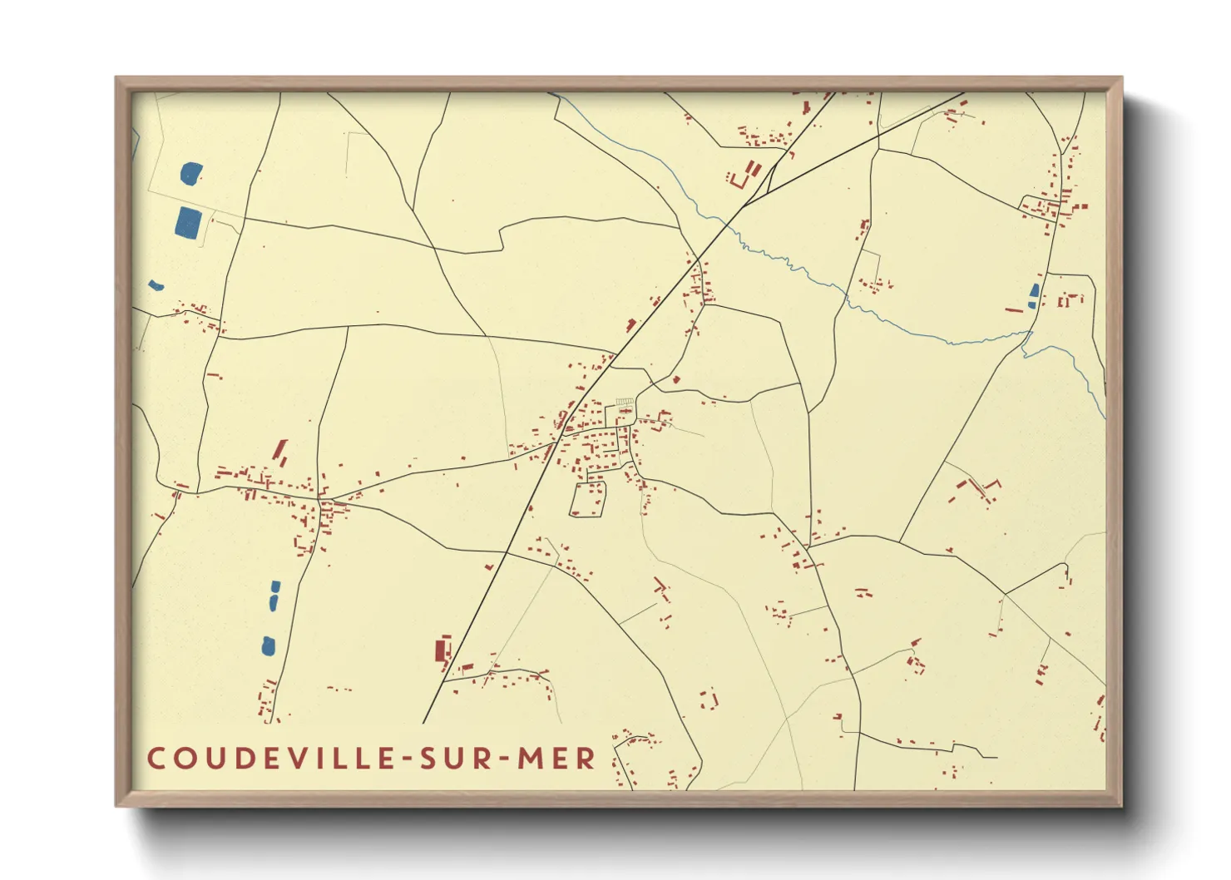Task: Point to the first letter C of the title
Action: click(x=156, y=759)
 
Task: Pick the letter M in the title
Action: click(x=530, y=759)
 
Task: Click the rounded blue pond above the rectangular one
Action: click(x=191, y=174)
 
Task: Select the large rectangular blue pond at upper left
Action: click(x=189, y=222)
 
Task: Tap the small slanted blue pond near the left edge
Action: click(x=156, y=286)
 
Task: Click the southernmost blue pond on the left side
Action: click(x=269, y=645)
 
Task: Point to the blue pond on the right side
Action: click(x=1034, y=295)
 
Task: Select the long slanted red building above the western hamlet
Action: click(x=280, y=452)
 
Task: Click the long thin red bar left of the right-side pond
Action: click(x=1013, y=310)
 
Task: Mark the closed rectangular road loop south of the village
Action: click(x=587, y=499)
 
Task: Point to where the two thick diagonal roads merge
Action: click(x=746, y=203)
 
